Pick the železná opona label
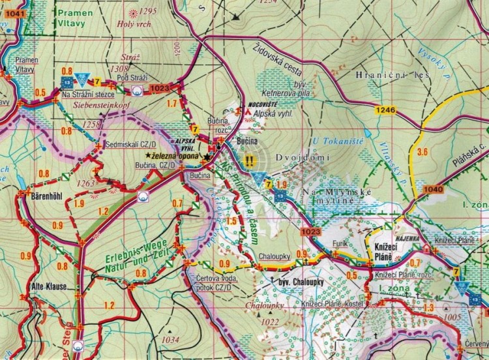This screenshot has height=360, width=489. click(x=177, y=157)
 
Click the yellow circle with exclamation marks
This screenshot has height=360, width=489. click(x=249, y=158)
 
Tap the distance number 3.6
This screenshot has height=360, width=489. click(x=422, y=152)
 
